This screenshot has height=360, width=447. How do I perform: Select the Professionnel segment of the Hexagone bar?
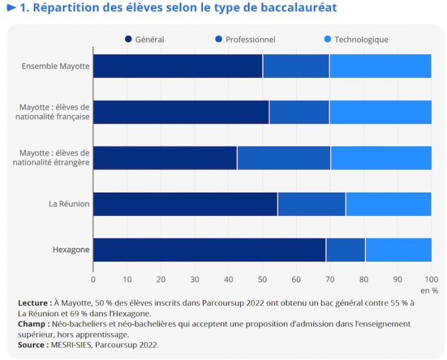[x=346, y=250]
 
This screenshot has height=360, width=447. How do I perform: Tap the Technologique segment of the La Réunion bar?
[x=389, y=204]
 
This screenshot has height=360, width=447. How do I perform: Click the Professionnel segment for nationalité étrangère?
[x=284, y=158]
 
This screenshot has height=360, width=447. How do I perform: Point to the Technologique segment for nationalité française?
[x=380, y=112]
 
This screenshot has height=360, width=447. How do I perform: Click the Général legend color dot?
[x=128, y=39]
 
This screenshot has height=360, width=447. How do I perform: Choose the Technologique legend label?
[x=361, y=39]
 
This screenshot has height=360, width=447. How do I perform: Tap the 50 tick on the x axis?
[x=262, y=280]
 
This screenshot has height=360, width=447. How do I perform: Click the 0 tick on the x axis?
[x=93, y=280]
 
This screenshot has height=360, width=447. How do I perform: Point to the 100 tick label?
[x=431, y=280]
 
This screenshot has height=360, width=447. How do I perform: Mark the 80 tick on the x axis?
[x=364, y=280]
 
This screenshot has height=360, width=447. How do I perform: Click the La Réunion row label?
[x=69, y=204]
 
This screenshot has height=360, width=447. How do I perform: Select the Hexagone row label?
[x=71, y=250]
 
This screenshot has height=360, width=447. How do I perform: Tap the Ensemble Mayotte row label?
[x=56, y=66]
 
